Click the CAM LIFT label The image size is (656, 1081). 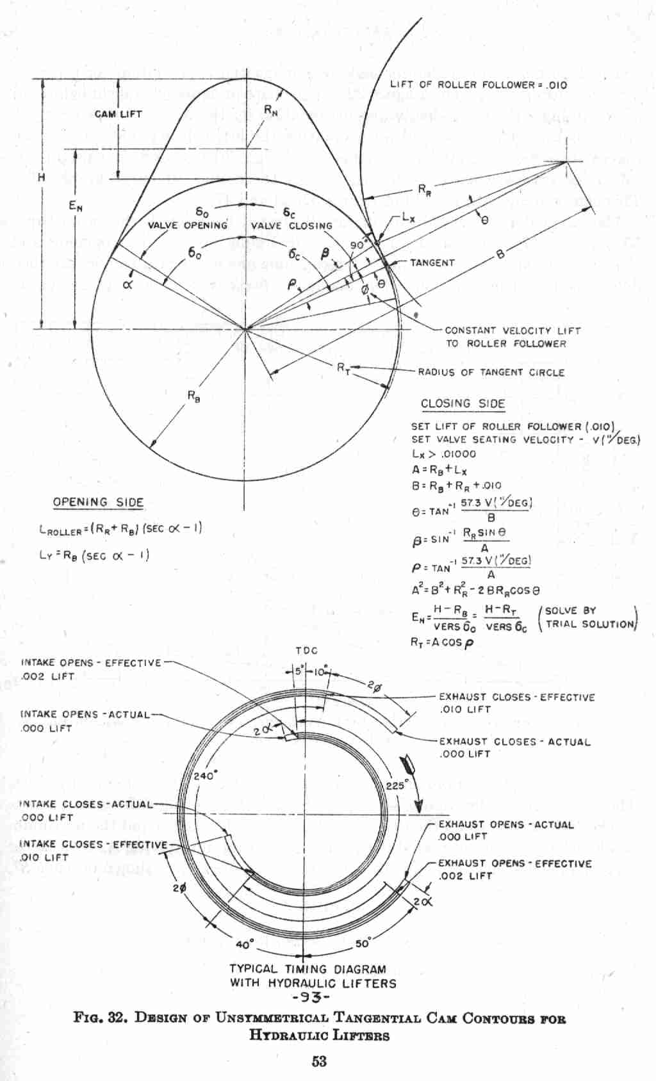(x=118, y=115)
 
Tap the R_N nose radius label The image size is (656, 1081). (x=272, y=110)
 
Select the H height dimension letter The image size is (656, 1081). (x=41, y=177)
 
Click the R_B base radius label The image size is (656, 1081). (x=194, y=396)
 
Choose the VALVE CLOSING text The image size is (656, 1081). (x=291, y=226)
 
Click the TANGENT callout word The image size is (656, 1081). (x=432, y=263)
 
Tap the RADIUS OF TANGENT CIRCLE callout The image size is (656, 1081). (x=491, y=372)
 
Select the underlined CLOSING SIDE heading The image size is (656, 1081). (x=463, y=404)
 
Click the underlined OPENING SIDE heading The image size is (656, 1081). (x=98, y=503)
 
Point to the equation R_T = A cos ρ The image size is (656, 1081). (x=441, y=642)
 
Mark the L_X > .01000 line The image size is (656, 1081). (x=444, y=454)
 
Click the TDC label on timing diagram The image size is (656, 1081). (x=307, y=651)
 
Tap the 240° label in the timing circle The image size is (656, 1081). (x=205, y=776)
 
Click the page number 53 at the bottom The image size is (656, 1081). (x=319, y=1061)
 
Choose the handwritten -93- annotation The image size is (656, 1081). (x=310, y=998)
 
